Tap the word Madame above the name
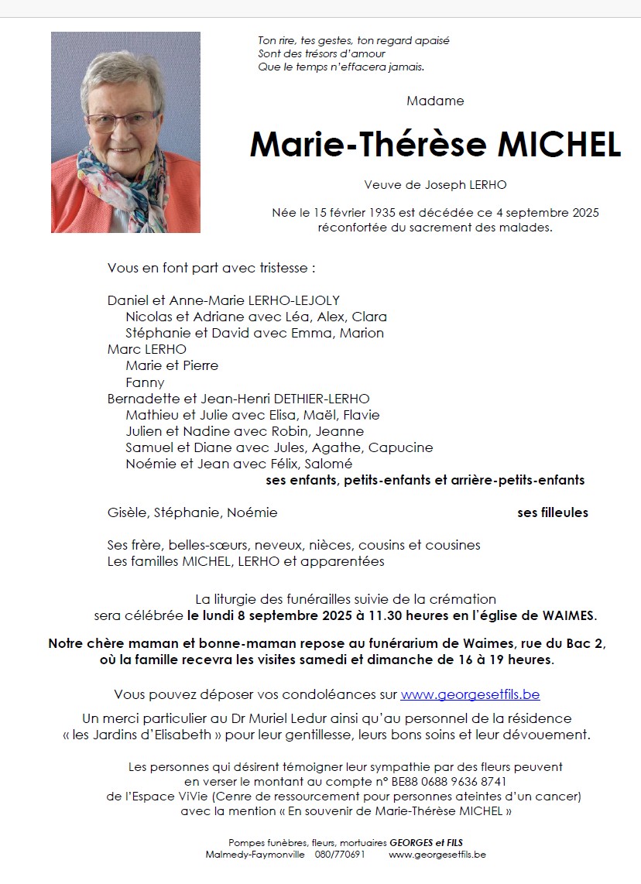point(435,101)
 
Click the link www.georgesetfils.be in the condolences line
point(470,694)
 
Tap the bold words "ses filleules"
point(553,512)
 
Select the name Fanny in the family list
point(145,382)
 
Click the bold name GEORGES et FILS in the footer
point(427,842)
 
